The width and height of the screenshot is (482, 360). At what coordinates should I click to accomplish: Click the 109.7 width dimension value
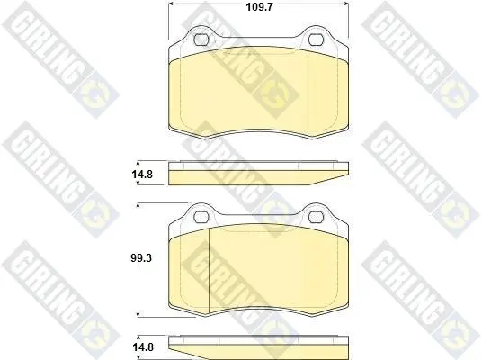pos(259,7)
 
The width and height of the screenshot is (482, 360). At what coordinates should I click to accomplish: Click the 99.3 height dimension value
pos(141,257)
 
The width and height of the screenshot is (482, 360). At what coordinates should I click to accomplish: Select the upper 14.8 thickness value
pos(142,175)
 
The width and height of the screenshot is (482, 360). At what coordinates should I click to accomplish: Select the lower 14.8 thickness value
pos(143,347)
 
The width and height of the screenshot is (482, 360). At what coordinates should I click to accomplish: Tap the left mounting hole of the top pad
pos(201,40)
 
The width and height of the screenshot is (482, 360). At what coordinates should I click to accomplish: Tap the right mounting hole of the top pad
pos(316,40)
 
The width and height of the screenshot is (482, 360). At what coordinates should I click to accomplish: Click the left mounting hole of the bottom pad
pos(201,217)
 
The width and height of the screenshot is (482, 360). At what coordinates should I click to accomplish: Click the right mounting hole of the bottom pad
pos(316,217)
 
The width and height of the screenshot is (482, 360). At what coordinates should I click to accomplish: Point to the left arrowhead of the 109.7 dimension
pos(171,4)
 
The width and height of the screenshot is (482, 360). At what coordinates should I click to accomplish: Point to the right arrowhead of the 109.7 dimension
pos(346,4)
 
